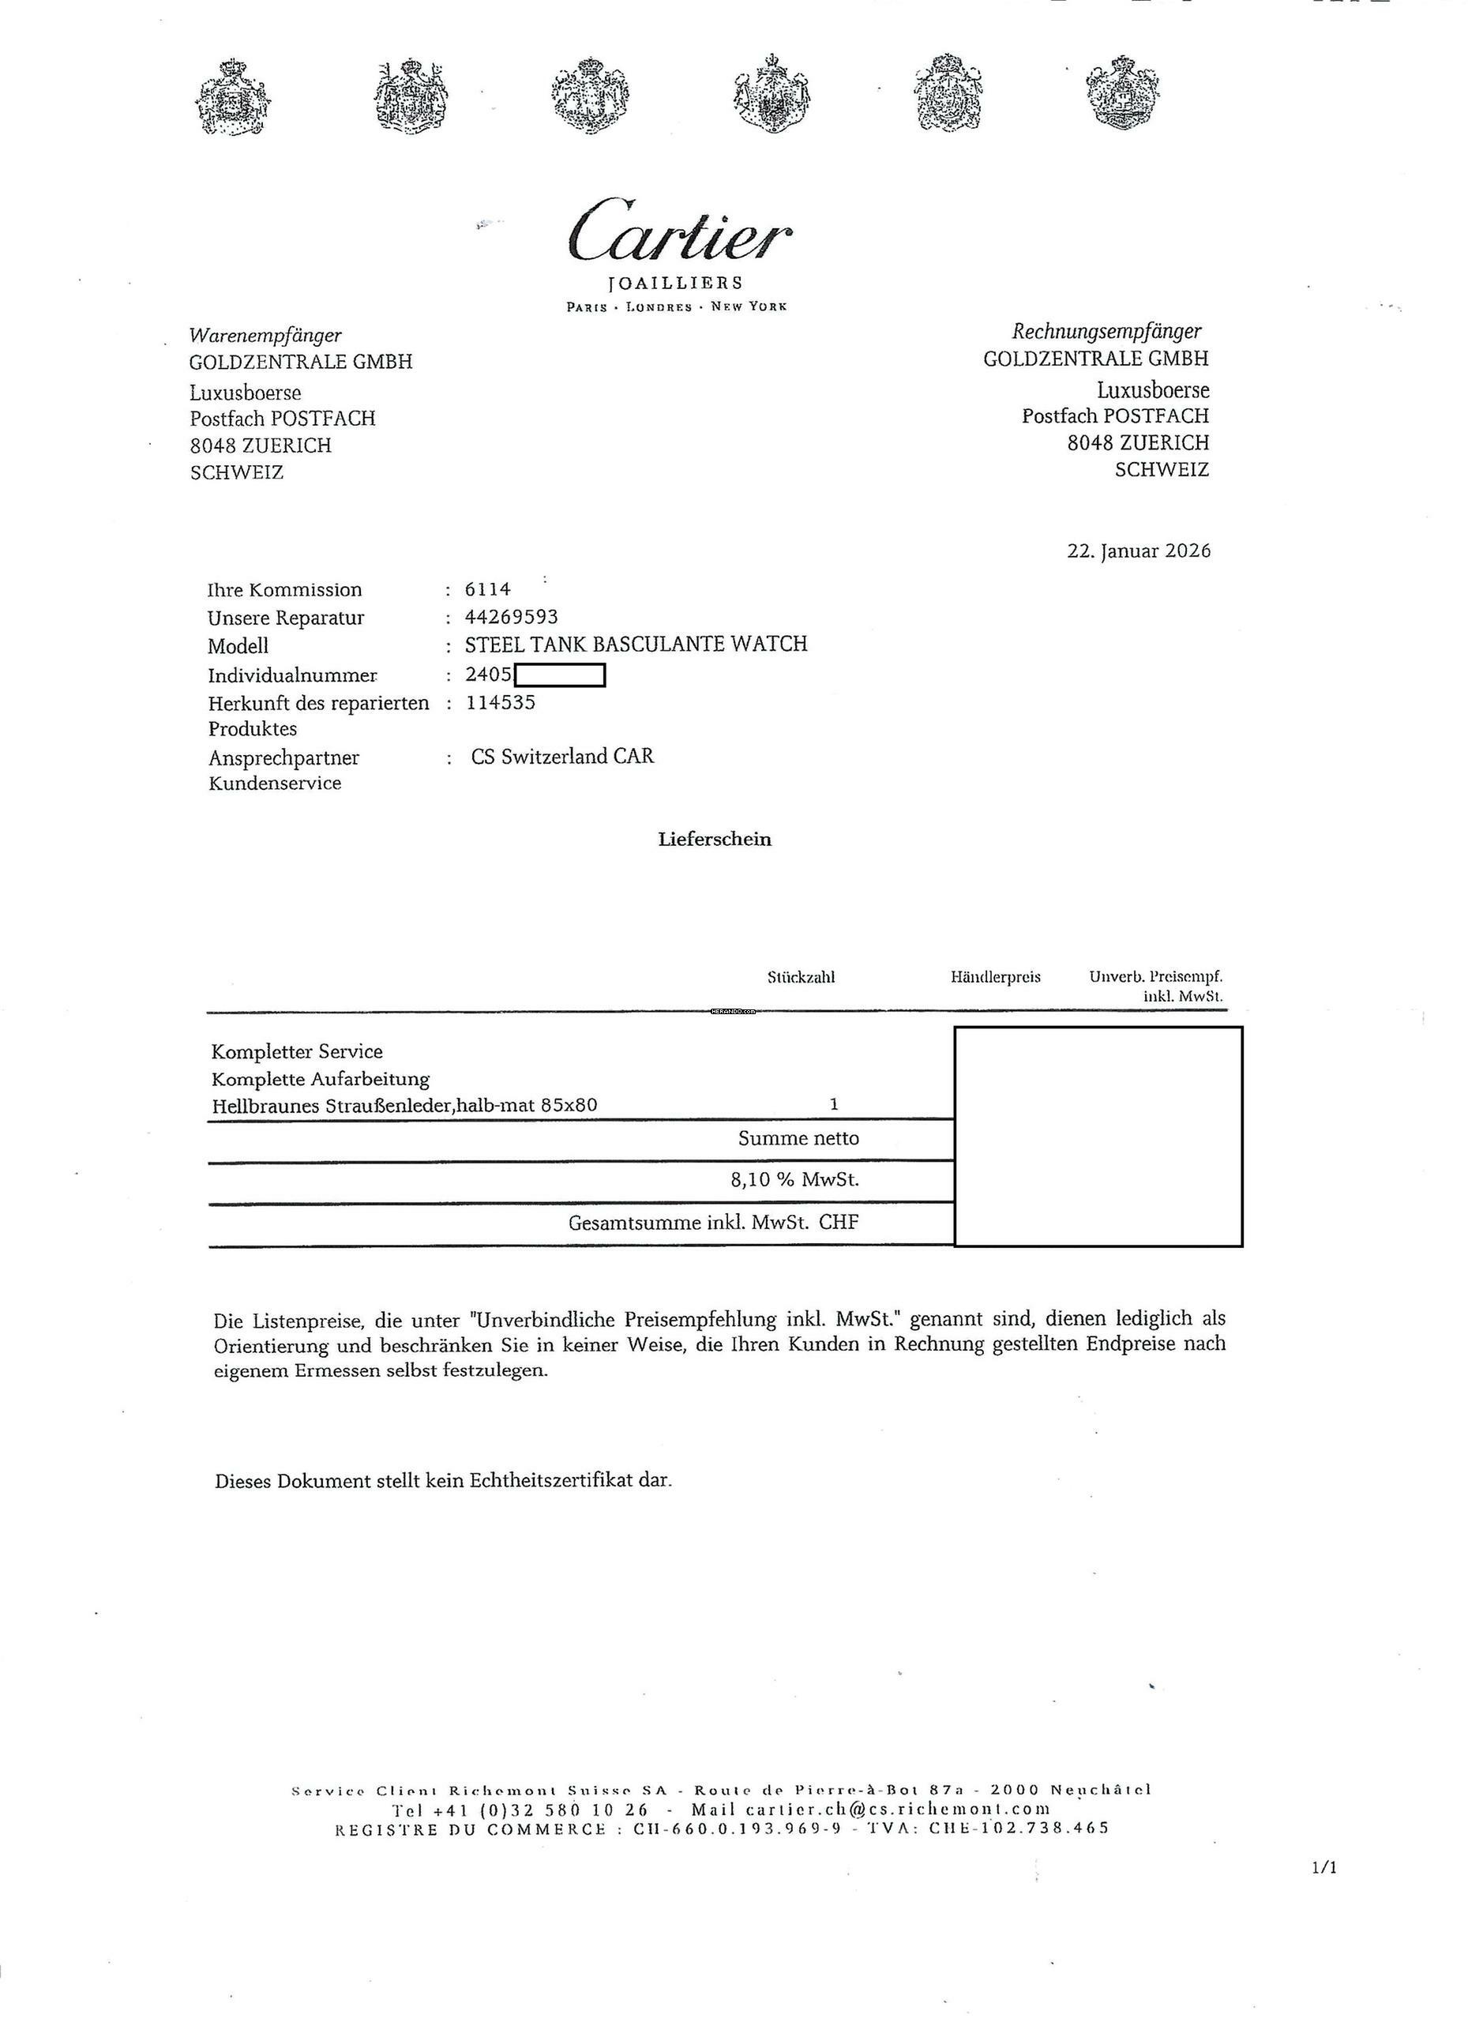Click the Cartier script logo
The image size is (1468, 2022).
pos(679,230)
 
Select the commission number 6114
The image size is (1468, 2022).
pos(487,589)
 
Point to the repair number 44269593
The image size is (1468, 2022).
pos(512,617)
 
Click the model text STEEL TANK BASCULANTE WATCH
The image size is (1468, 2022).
pos(636,644)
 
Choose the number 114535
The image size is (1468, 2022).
pos(500,701)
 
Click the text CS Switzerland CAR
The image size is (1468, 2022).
pos(562,757)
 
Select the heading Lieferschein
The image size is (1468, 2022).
pos(715,839)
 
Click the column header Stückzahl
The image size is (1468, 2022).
pos(801,977)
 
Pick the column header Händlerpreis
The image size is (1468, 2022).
pos(996,977)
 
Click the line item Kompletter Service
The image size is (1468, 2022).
pos(297,1052)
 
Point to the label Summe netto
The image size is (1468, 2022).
pos(798,1138)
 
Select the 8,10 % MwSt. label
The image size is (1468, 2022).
pos(794,1180)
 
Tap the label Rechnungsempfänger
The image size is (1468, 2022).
pos(1106,332)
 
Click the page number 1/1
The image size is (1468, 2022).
pos(1324,1868)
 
